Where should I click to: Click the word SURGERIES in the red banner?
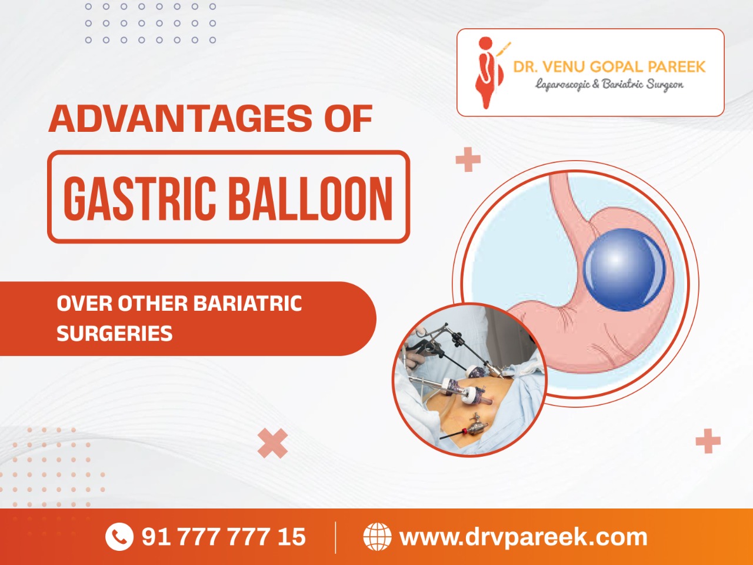pyautogui.click(x=115, y=333)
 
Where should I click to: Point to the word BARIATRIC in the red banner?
pyautogui.click(x=247, y=303)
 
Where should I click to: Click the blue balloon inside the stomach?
pyautogui.click(x=624, y=270)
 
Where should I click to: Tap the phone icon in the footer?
pyautogui.click(x=119, y=537)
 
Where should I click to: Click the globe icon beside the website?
pyautogui.click(x=377, y=537)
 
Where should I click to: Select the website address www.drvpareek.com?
pyautogui.click(x=524, y=537)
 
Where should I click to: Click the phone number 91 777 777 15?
pyautogui.click(x=224, y=537)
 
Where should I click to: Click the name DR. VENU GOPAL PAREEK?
pyautogui.click(x=609, y=67)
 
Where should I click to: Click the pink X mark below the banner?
pyautogui.click(x=273, y=443)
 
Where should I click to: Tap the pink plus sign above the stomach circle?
pyautogui.click(x=468, y=159)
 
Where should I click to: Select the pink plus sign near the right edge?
pyautogui.click(x=708, y=441)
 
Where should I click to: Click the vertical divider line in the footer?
pyautogui.click(x=335, y=537)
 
